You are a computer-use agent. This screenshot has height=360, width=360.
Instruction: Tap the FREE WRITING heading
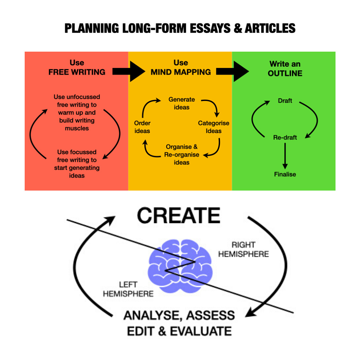click(x=77, y=72)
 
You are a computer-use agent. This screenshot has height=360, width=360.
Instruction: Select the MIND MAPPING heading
click(x=181, y=72)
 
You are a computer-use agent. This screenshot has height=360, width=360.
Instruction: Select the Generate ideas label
click(x=181, y=103)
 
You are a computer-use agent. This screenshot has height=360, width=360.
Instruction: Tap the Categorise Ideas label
click(x=214, y=127)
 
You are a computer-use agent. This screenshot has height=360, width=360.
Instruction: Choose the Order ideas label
click(x=142, y=127)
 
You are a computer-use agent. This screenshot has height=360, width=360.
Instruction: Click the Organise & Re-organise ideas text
click(x=181, y=154)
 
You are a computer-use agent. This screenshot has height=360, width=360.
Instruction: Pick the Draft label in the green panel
click(x=285, y=100)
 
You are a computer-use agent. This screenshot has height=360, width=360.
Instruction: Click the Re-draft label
click(x=285, y=137)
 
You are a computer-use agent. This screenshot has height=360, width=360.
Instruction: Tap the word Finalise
click(x=285, y=174)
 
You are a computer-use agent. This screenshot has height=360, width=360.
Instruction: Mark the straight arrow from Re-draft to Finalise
click(x=285, y=156)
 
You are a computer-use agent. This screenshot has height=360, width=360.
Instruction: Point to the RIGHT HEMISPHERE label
click(x=248, y=249)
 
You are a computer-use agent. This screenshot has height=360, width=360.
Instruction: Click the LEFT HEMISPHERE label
click(x=128, y=289)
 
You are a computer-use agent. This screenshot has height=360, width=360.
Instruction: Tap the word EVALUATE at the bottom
click(x=201, y=331)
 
